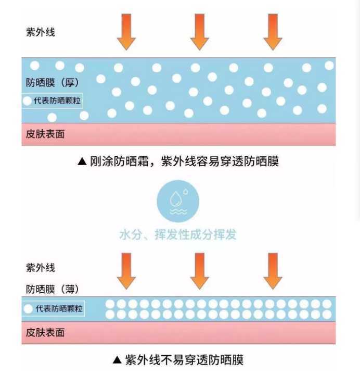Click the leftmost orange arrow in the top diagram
coord(126,31)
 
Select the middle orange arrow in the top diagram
coord(199,31)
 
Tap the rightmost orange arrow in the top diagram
coord(273,31)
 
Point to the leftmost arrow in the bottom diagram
coord(126,270)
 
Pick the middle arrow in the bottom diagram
coord(199,270)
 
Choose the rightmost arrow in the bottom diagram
coord(273,270)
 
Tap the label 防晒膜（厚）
coord(53,82)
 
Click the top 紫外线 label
coord(40,32)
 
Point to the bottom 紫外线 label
coord(40,268)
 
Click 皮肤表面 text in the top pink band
coord(45,134)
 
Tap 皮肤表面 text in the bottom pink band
coord(45,332)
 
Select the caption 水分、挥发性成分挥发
coord(178,234)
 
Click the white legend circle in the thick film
coord(27,101)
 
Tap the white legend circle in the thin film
coord(28,309)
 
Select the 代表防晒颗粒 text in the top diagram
coord(57,101)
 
